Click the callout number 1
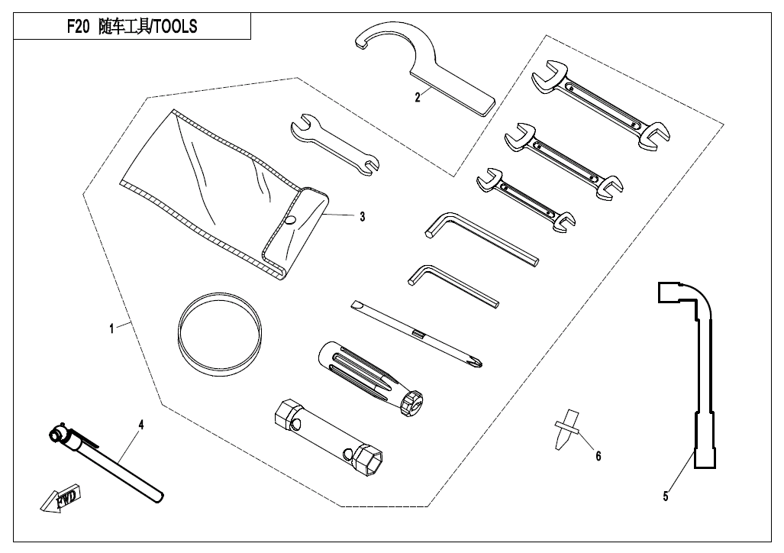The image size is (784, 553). pos(111,328)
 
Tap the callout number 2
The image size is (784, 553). pos(418,97)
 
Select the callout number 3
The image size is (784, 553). pos(362,217)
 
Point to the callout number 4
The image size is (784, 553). pos(140,422)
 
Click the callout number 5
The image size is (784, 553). pos(666,496)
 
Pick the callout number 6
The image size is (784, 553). pos(598,456)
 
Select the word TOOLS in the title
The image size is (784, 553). pos(174,27)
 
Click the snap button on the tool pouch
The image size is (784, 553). pos(289,220)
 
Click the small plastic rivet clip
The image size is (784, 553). pos(563,429)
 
